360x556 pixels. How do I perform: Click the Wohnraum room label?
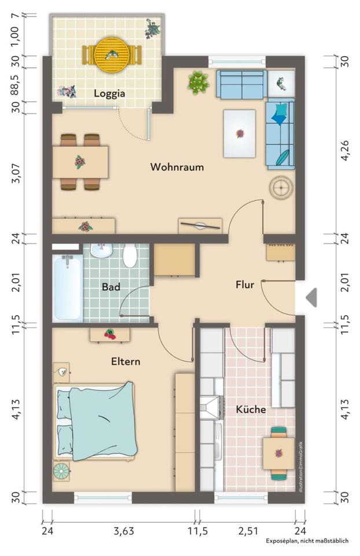177,167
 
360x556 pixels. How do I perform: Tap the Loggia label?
109,94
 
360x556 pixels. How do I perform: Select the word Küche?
251,409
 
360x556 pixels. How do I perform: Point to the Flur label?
245,284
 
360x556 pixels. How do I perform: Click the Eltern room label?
126,361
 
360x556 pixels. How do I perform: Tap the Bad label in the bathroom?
111,287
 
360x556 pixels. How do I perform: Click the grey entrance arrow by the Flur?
311,297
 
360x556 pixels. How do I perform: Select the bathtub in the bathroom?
67,288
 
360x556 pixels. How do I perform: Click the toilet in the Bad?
130,255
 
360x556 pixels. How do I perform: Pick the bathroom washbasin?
101,250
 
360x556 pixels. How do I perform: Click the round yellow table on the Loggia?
112,55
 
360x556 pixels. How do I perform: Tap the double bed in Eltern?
95,421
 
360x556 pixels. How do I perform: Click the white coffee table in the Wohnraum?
240,133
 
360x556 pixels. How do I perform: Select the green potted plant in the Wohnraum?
198,83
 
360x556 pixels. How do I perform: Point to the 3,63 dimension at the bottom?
124,531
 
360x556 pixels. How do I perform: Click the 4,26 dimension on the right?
345,150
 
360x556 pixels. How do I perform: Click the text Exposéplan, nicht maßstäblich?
307,541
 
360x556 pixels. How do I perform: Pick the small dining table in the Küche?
278,453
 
